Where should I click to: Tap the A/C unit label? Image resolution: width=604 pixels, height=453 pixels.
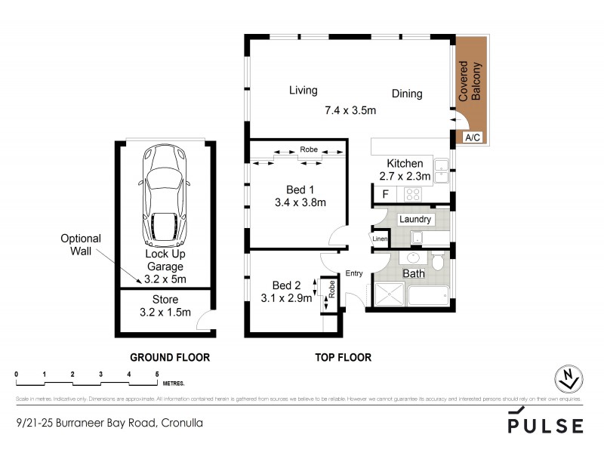click(x=473, y=137)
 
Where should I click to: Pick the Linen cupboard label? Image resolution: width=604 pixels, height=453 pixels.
click(x=380, y=239)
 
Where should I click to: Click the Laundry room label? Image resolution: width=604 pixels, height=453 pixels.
click(x=415, y=220)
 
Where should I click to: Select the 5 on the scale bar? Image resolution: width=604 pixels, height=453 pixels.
click(x=157, y=374)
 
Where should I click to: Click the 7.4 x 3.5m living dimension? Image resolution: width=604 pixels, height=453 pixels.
click(x=350, y=110)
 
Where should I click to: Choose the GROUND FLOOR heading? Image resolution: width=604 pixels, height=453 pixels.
click(x=170, y=357)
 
